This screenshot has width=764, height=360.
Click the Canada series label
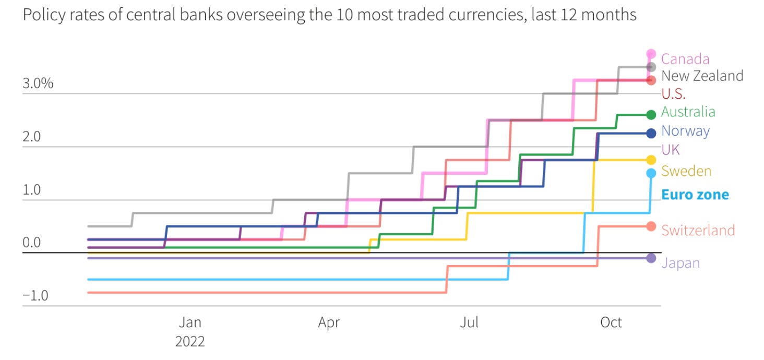685,59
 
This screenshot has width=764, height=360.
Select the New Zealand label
702,76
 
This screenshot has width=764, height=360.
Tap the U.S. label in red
673,94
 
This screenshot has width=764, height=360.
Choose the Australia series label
688,112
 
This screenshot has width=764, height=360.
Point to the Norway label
685,130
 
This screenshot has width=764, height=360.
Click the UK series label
671,150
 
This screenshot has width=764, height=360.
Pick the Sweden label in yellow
686,171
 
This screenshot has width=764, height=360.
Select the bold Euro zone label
695,195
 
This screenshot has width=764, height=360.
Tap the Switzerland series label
698,230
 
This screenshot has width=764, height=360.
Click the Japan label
680,263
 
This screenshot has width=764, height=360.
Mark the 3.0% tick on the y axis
38,84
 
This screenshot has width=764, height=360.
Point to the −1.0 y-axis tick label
35,296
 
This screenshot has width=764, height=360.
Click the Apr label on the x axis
329,322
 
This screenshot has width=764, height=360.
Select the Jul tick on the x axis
469,322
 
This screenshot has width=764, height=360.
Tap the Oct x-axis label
611,322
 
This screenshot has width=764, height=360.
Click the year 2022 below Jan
190,342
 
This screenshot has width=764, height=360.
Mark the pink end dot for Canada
651,53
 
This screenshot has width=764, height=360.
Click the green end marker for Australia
651,114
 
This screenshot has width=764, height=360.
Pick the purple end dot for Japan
651,258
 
